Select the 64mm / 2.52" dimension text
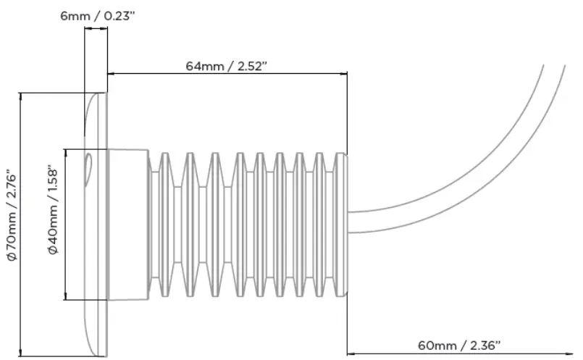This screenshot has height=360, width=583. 227,66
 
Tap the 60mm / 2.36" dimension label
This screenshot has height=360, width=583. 459,345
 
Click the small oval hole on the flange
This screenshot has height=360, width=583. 88,167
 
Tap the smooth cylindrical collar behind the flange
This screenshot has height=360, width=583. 128,225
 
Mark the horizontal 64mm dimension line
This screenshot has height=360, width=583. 227,74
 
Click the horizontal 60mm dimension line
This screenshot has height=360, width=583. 459,353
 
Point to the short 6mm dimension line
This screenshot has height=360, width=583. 96,29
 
